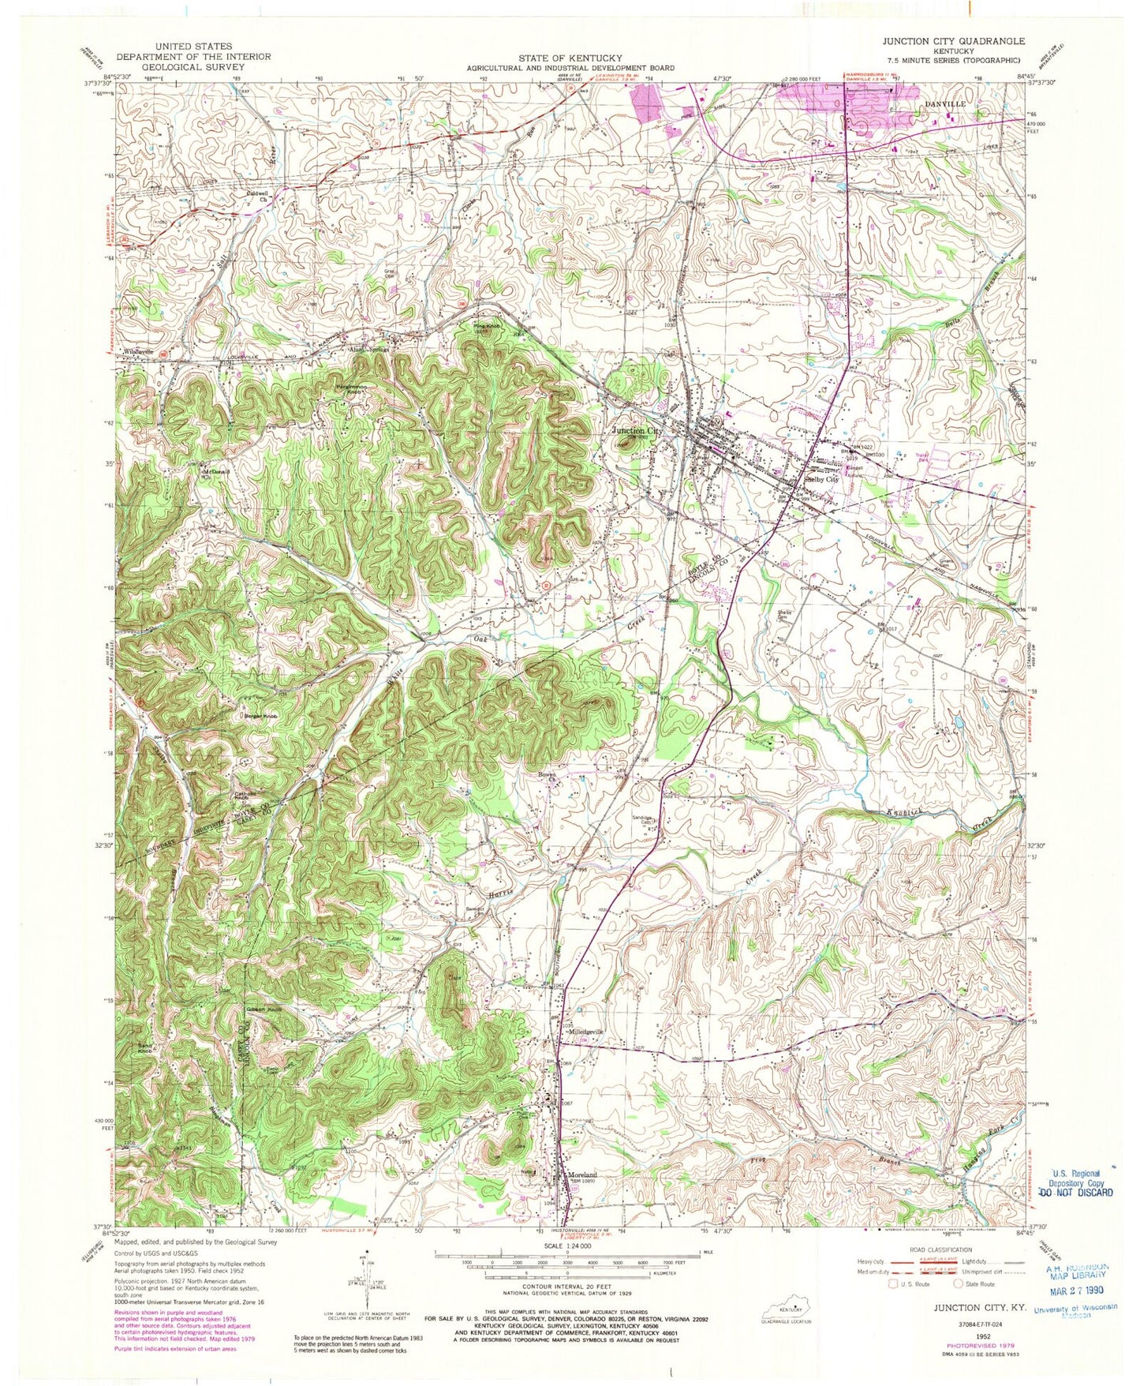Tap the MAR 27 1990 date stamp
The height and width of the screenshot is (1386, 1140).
pyautogui.click(x=1075, y=1291)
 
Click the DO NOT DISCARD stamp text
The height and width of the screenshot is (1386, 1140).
pyautogui.click(x=1075, y=1192)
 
